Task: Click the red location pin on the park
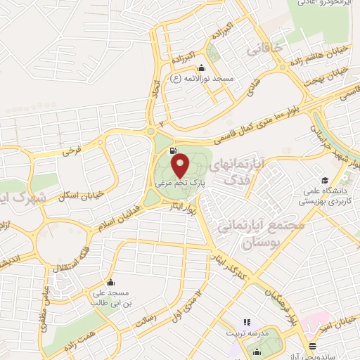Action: pyautogui.click(x=181, y=166)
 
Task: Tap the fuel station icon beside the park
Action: pyautogui.click(x=173, y=150)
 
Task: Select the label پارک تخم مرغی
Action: pyautogui.click(x=180, y=184)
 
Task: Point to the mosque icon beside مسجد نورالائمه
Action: pyautogui.click(x=202, y=68)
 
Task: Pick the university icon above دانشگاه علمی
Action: pyautogui.click(x=325, y=179)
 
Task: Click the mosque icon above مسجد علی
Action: pyautogui.click(x=109, y=279)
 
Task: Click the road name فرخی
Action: pyautogui.click(x=72, y=150)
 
